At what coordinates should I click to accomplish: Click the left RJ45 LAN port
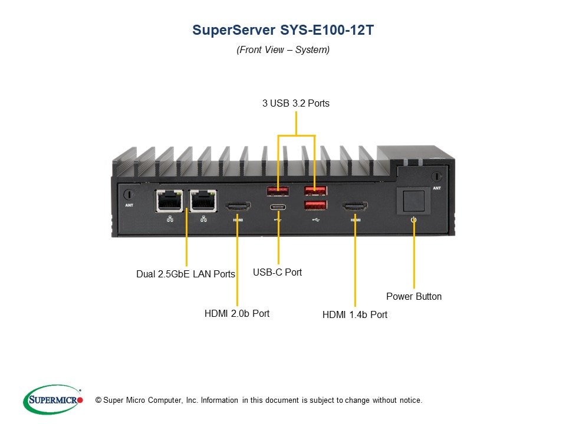coord(169,201)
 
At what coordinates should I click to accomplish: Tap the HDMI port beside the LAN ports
coord(238,207)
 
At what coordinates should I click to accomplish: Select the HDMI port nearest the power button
coord(355,207)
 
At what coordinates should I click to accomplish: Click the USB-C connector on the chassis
coord(277,207)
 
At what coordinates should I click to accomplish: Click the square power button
coord(413,200)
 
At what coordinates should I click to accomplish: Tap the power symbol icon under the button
coord(413,220)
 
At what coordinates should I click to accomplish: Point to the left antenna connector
coord(129,194)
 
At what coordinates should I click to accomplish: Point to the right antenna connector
coord(436,176)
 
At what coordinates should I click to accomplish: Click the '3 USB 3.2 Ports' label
coord(296,104)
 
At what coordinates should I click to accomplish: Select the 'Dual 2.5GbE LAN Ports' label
coord(186,274)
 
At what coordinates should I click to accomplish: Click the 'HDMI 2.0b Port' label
coord(237,313)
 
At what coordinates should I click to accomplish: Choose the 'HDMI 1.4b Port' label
coord(355,314)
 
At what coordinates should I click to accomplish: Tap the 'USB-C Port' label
coord(277,272)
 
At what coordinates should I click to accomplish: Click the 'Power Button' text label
coord(414,296)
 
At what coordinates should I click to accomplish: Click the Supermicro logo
coord(53,400)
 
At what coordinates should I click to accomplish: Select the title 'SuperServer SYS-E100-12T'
coord(283,31)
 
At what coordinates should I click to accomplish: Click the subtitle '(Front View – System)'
coord(283,50)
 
